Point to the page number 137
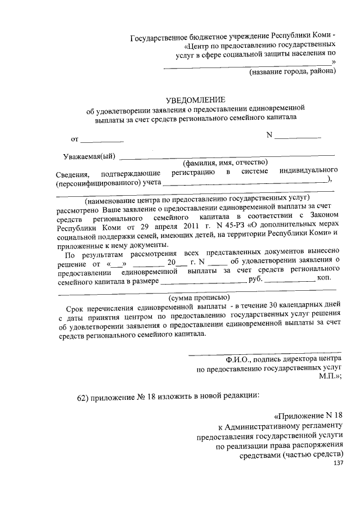click(337, 463)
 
